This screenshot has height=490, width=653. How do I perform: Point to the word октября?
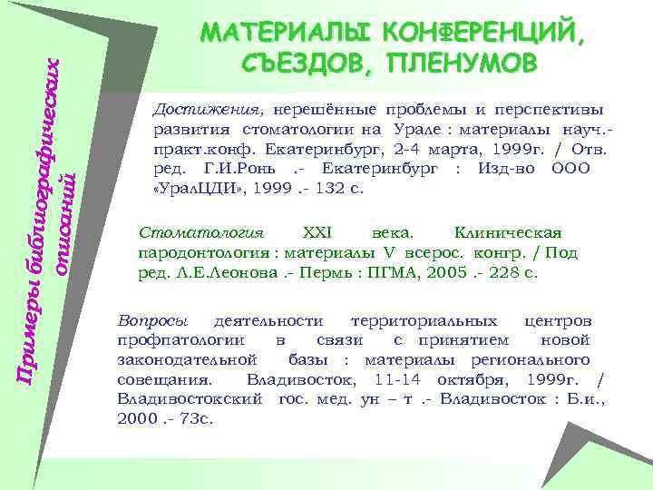point(496,380)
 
